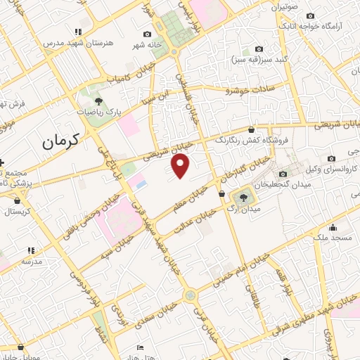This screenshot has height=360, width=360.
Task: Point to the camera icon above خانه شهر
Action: point(147,34)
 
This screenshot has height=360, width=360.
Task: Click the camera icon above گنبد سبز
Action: point(259,49)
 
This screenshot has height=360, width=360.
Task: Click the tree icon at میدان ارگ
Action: point(244,197)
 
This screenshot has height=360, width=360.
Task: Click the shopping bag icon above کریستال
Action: point(16,199)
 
